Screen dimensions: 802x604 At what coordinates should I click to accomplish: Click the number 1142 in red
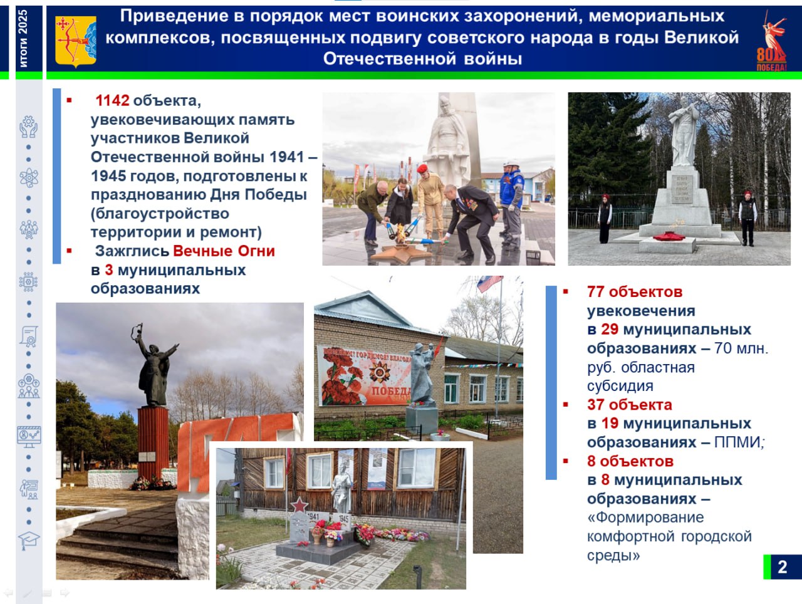pos(112,100)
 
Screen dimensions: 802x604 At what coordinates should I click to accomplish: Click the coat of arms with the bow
pos(76,41)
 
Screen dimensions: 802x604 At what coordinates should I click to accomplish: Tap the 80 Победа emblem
pos(772,40)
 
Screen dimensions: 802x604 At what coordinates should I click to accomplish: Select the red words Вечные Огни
pos(224,251)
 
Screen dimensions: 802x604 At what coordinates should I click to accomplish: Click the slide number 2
pos(783,567)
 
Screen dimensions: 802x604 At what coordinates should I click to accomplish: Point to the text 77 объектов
pos(635,292)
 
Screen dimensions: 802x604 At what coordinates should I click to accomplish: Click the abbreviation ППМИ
pos(737,442)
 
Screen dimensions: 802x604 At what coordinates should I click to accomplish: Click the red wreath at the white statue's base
pos(669,236)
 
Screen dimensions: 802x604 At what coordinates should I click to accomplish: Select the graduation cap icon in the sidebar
pos(29,541)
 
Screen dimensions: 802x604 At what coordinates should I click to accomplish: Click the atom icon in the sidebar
pos(29,178)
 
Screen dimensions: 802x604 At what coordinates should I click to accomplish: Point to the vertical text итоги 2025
pos(23,38)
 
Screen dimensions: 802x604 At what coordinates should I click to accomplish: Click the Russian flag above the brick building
pos(489,283)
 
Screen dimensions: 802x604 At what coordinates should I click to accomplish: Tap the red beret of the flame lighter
pos(422,169)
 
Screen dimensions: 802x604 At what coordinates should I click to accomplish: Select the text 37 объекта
pos(630,405)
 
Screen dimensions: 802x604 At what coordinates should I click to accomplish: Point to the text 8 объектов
pos(630,461)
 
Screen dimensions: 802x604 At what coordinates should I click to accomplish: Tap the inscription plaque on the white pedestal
pos(682,189)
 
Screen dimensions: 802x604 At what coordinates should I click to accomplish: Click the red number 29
pos(610,330)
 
